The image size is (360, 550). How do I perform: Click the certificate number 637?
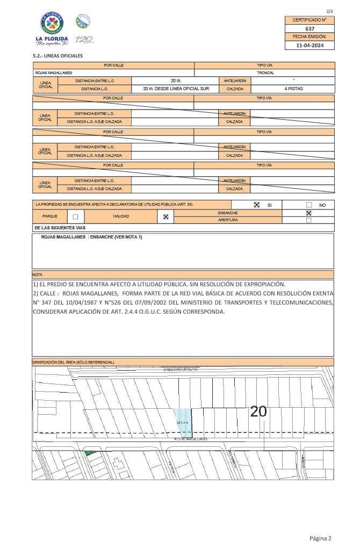click(x=309, y=28)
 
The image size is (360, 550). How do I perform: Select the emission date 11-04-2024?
click(x=309, y=46)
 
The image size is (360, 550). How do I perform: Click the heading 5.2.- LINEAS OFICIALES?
click(x=57, y=56)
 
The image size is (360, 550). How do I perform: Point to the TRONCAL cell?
click(x=265, y=72)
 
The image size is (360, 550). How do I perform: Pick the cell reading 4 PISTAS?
click(x=293, y=88)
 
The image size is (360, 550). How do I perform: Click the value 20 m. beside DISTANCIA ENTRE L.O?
click(x=176, y=80)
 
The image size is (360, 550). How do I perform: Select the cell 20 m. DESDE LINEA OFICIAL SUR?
click(x=176, y=88)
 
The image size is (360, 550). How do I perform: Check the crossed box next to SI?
click(x=256, y=205)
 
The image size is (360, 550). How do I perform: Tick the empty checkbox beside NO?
click(x=309, y=205)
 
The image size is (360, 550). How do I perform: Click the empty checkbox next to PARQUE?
click(x=75, y=216)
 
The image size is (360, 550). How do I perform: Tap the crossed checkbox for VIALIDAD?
click(x=165, y=216)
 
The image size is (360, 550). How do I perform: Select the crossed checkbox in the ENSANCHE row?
click(x=308, y=213)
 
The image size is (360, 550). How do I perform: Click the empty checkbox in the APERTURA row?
click(x=308, y=220)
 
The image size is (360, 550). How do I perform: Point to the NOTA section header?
click(x=37, y=274)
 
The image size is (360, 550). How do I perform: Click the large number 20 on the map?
click(x=258, y=411)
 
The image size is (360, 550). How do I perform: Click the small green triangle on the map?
click(x=90, y=454)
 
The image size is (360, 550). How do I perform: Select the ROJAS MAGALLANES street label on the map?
click(x=191, y=439)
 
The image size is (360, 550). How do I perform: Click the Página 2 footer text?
click(x=320, y=538)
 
